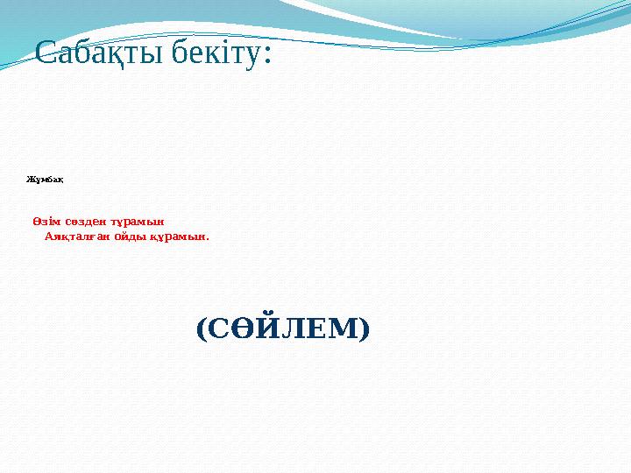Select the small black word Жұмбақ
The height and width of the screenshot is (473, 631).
tap(44, 180)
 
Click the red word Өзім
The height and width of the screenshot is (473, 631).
tap(46, 221)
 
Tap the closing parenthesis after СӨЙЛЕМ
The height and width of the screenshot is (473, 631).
tap(364, 329)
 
